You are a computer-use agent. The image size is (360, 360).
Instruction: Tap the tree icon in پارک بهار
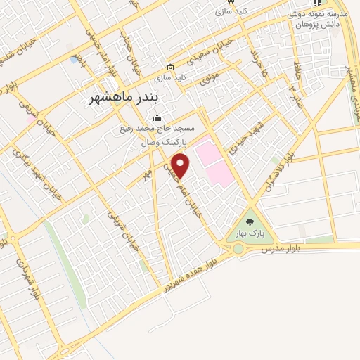[x=250, y=223]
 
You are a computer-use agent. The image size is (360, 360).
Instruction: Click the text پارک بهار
[x=250, y=234]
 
